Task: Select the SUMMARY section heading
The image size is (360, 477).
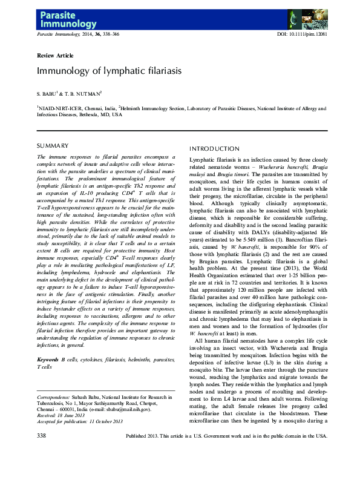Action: click(53, 146)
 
